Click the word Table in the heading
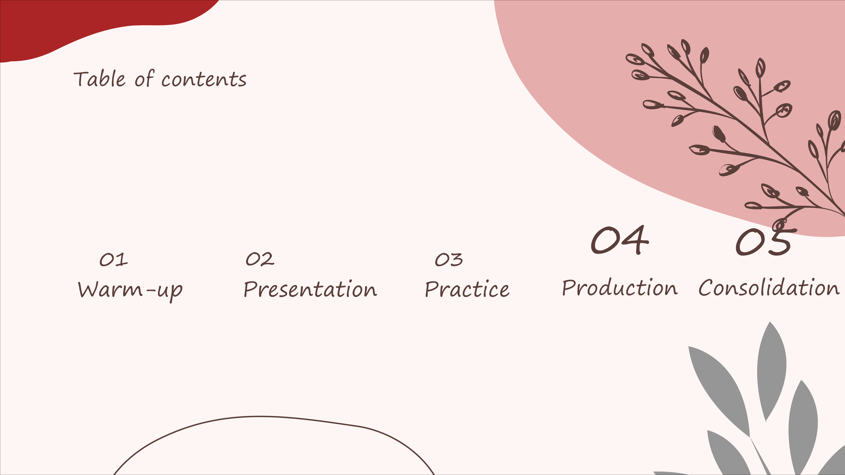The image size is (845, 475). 100,79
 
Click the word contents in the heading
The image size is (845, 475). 204,80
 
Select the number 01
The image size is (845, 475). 114,260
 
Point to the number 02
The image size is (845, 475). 260,259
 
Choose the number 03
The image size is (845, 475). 449,260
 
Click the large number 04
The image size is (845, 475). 620,240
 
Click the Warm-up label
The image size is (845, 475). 130,290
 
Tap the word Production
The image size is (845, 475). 620,288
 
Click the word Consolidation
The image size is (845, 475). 769,288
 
